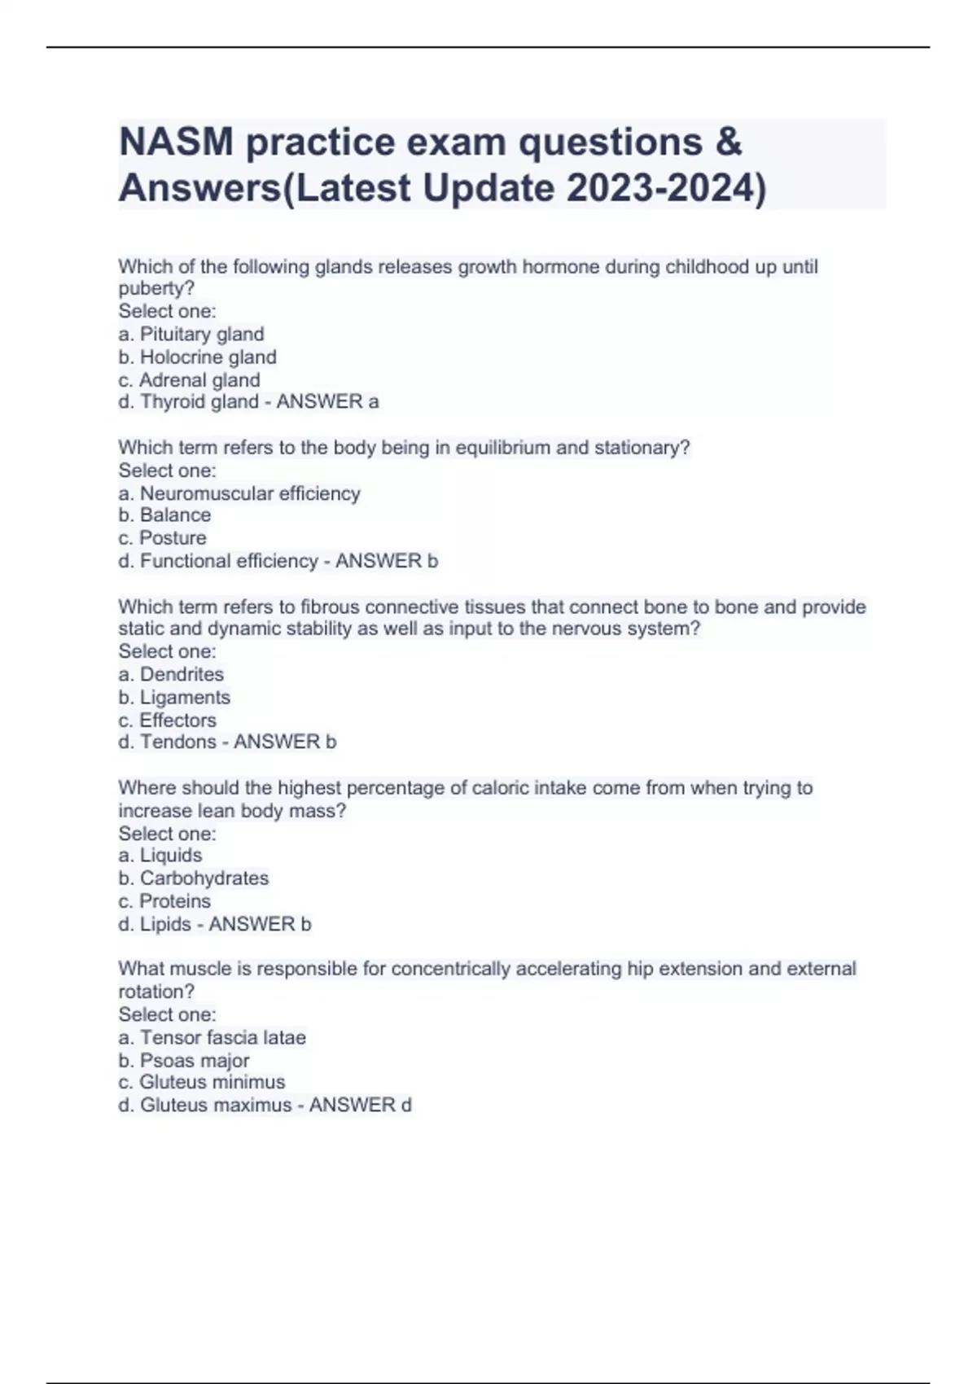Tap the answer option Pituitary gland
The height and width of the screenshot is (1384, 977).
click(x=201, y=334)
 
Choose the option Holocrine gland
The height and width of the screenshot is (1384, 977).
click(x=208, y=357)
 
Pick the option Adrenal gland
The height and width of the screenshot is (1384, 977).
click(x=199, y=380)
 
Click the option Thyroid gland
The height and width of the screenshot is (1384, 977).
click(x=199, y=401)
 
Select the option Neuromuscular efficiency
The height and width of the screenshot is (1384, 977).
click(x=249, y=493)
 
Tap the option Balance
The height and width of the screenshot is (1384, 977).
click(x=175, y=515)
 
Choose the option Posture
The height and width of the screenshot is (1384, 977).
click(x=173, y=538)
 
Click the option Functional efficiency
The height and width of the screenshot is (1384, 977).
click(x=228, y=561)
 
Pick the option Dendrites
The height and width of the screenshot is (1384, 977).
click(x=182, y=674)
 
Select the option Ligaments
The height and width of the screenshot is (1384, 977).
click(x=185, y=698)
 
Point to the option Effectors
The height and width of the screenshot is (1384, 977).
click(x=177, y=720)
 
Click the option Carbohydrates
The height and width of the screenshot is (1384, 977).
click(x=204, y=878)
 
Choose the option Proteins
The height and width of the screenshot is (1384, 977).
click(x=174, y=901)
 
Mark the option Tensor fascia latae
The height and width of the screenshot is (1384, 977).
click(x=222, y=1037)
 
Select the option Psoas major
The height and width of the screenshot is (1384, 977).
click(x=195, y=1061)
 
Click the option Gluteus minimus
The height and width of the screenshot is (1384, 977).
click(x=212, y=1082)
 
